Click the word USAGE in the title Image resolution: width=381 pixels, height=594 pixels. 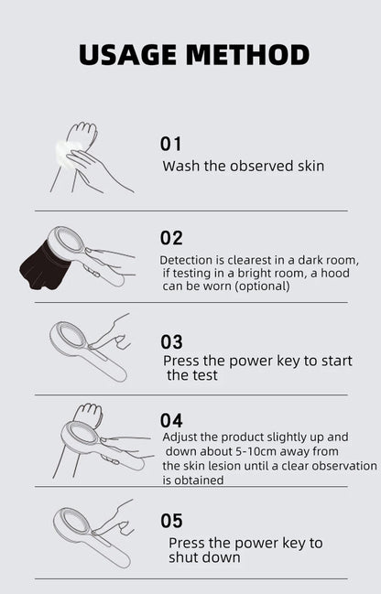(127, 55)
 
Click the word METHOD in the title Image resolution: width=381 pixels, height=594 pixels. (248, 55)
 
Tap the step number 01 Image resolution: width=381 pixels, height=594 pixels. (170, 144)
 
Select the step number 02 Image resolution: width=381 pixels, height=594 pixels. (171, 238)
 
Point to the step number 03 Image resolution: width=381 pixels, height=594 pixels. (171, 341)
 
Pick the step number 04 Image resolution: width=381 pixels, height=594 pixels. (171, 420)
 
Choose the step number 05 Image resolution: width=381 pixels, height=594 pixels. (171, 521)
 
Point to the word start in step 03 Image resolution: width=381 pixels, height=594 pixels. (337, 361)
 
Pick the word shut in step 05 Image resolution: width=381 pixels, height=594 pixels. (183, 557)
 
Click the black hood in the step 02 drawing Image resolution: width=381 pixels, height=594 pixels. (46, 265)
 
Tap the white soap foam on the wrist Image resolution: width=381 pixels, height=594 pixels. (69, 149)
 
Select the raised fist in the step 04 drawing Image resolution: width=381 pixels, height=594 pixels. (88, 414)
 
